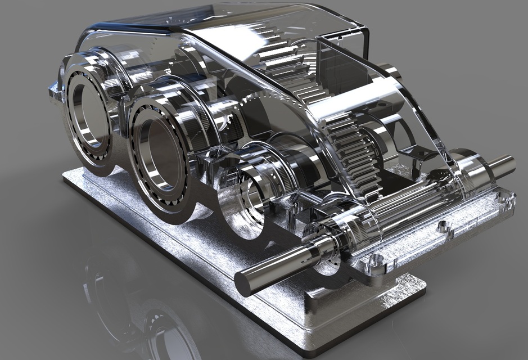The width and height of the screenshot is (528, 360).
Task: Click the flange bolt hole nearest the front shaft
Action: click(376, 260)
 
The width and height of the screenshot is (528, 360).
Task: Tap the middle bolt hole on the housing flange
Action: click(444, 227)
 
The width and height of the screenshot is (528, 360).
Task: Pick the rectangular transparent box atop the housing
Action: click(343, 62)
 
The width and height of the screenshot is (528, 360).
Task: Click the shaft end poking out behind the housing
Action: click(390, 70)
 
